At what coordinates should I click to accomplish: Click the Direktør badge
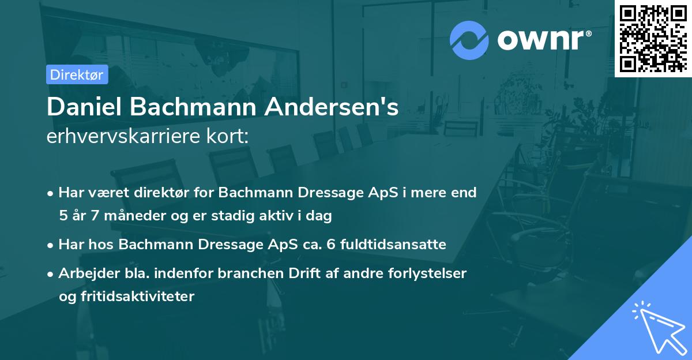coord(77,74)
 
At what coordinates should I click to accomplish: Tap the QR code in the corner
coord(653,38)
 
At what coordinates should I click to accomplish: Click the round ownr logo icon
coord(469,40)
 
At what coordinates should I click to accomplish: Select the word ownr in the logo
coord(542,40)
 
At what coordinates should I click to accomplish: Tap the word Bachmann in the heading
coord(201,107)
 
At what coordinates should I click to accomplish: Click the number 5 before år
coord(62,216)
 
